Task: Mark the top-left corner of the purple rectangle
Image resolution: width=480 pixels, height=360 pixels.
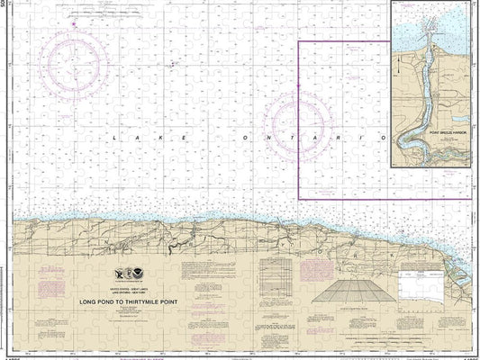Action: click(x=300, y=41)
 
